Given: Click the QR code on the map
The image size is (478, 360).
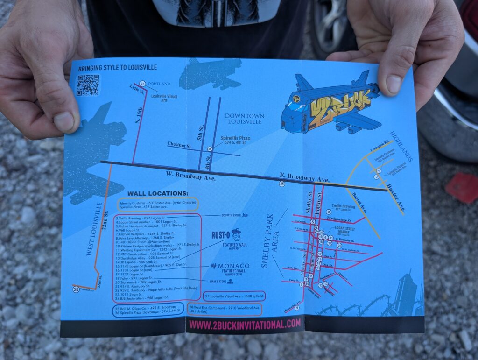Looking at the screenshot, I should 88,85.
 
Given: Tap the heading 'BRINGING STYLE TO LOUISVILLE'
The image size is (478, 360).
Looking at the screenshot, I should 117,67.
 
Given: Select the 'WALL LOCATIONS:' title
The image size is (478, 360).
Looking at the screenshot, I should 158,193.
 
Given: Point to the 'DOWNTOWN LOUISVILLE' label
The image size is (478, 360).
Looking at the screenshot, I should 245,119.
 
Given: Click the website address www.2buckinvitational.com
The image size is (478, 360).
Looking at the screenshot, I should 245,323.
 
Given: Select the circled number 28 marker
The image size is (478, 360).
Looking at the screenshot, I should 76,289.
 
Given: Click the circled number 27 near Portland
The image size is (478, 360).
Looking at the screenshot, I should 142,83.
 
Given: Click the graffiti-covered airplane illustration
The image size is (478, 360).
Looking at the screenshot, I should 331,103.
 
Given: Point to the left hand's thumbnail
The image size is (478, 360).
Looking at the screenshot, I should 64,121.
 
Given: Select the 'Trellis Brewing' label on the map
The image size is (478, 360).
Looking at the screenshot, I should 344,206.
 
